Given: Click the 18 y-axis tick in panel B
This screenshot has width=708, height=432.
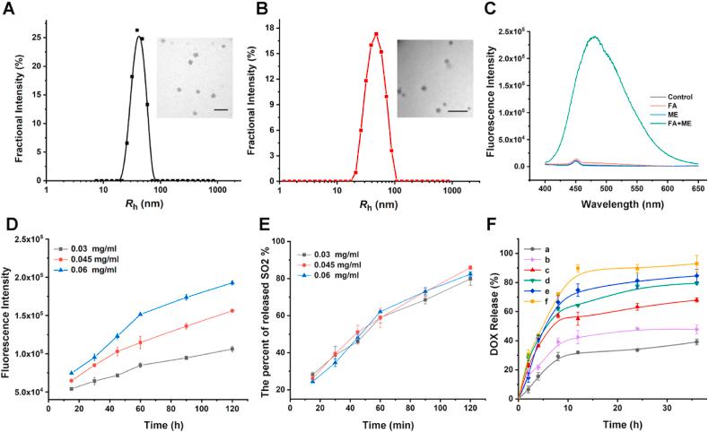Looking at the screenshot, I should click(267, 27).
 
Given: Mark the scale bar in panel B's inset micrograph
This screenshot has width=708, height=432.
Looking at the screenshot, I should click(459, 111).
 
